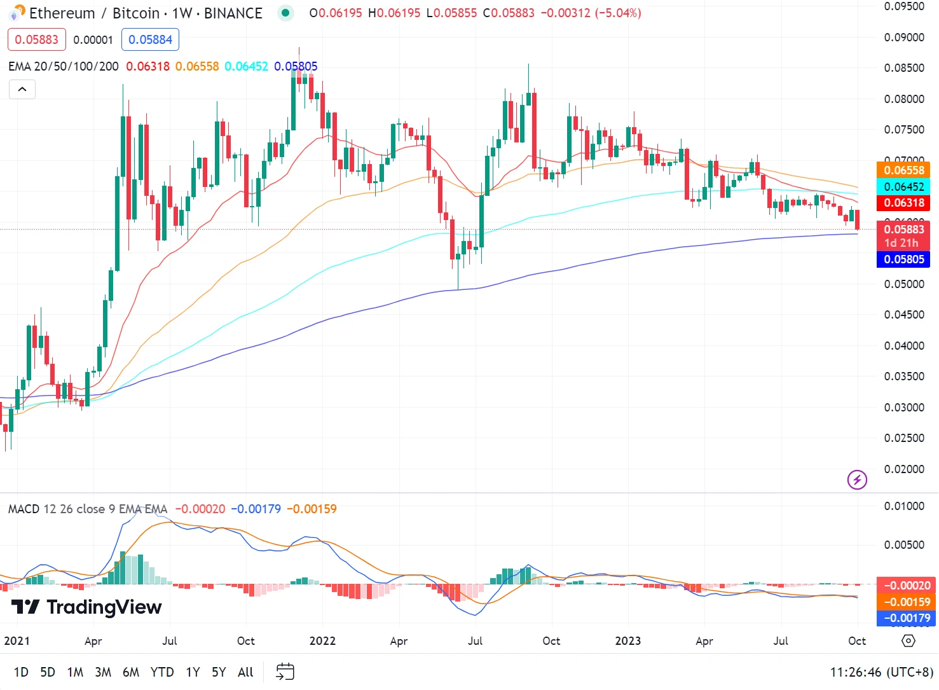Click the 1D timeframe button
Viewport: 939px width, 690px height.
(21, 672)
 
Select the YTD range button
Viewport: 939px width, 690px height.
(162, 672)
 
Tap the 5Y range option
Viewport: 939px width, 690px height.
(219, 672)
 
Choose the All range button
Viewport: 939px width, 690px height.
(245, 672)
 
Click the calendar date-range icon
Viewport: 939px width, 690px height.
(285, 672)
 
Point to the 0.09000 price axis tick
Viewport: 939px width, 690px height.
(904, 38)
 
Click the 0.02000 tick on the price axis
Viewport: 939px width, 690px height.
(904, 469)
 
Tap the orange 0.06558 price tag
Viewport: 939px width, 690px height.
(904, 170)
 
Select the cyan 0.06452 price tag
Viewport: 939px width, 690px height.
(904, 187)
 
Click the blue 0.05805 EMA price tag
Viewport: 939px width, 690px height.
(904, 259)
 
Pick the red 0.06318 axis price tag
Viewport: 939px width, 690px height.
(904, 204)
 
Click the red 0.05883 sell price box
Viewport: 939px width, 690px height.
(37, 39)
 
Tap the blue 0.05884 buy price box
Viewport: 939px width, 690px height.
(150, 39)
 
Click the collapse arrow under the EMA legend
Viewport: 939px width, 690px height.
(22, 89)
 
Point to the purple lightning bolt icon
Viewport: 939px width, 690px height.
(857, 480)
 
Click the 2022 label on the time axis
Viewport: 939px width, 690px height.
(322, 641)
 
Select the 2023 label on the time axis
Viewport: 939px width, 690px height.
(628, 641)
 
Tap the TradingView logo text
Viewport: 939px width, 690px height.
(87, 607)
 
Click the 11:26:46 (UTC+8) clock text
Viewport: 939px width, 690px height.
(881, 672)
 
